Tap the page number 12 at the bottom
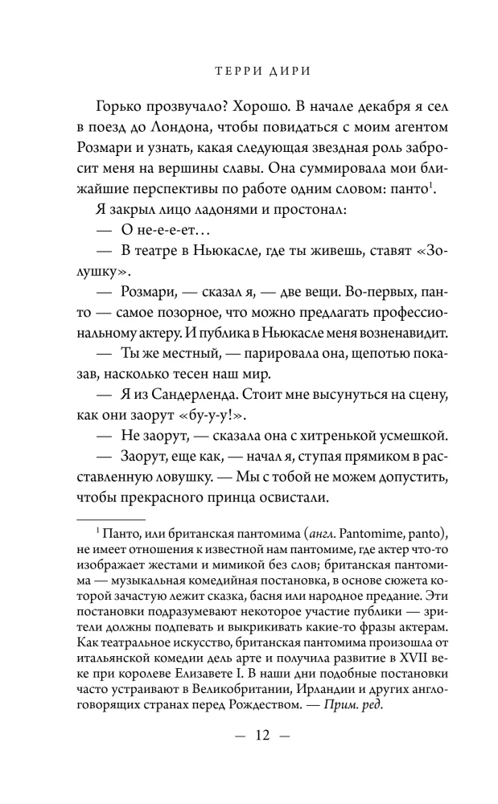[249, 733]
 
